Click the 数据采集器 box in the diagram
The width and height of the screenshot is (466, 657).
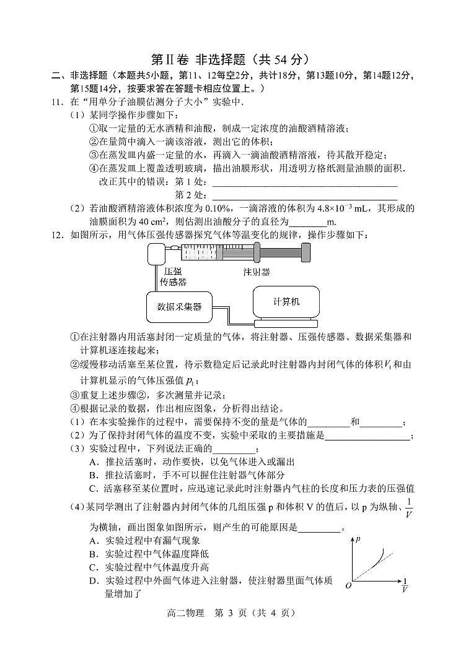pos(179,306)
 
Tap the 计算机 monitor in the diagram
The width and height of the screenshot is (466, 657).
pos(286,301)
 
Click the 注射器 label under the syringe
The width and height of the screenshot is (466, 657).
pos(257,272)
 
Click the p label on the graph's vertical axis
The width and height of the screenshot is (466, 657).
pos(358,539)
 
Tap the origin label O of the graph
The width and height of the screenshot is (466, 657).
pos(349,586)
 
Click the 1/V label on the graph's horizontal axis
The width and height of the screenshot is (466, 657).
pos(405,586)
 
